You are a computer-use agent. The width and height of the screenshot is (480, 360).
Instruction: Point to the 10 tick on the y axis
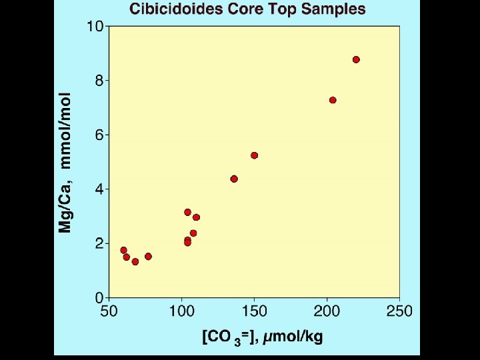point(95,27)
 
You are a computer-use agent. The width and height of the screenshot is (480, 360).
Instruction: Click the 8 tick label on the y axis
point(99,81)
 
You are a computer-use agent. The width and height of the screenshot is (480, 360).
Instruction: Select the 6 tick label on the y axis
point(99,135)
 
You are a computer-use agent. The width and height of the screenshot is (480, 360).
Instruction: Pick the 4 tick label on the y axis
point(99,189)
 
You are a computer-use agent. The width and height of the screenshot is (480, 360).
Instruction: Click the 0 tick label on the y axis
point(99,298)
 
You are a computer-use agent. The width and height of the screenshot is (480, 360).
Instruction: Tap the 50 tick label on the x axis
point(108,311)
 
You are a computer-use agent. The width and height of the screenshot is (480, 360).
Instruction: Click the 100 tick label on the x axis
point(181,311)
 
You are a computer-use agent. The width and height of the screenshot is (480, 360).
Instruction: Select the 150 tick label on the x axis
point(254,311)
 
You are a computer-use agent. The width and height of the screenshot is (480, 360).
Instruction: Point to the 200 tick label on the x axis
point(327,311)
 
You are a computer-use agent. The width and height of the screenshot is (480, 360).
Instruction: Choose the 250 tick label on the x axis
point(400,311)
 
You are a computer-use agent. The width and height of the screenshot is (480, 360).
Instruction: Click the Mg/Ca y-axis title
point(65,162)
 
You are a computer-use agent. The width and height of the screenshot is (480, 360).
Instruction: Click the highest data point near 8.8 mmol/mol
point(356,59)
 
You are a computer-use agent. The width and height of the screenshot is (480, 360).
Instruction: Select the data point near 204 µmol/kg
point(333,100)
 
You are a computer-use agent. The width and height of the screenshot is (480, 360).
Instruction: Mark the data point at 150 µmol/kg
point(254,155)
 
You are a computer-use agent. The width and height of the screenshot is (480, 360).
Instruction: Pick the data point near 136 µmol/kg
point(234,179)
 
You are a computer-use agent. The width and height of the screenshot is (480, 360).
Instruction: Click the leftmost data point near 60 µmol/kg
point(123,250)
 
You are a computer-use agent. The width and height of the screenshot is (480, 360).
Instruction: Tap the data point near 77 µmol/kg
point(148,256)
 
